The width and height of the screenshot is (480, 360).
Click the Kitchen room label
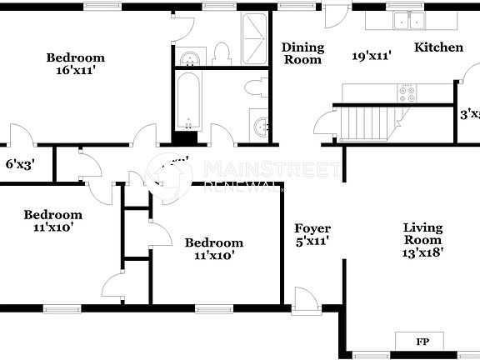pos(438,47)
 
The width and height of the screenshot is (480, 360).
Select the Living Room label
pos(422,227)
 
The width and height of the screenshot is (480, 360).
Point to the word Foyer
pos(312,228)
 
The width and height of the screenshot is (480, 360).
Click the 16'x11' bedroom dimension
pos(75,72)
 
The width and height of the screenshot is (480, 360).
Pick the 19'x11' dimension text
pos(372,57)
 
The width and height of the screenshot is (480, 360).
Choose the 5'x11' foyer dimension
pos(312,242)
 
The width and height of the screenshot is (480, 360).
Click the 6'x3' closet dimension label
pos(20,165)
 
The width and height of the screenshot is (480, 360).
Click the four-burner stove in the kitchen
pos(407,92)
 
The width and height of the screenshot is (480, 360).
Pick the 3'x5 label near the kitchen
pos(470,114)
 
